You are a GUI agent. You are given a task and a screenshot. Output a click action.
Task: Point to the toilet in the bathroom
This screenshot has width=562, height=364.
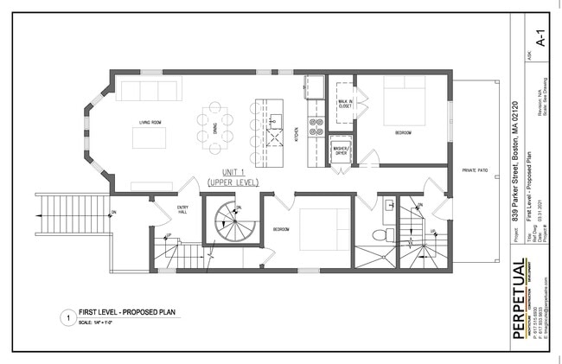click(x=377, y=235)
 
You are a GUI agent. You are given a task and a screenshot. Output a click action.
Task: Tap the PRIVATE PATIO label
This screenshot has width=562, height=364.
click(x=475, y=171)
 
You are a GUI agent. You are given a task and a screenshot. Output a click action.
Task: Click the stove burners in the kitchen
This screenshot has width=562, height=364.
click(x=316, y=127)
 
